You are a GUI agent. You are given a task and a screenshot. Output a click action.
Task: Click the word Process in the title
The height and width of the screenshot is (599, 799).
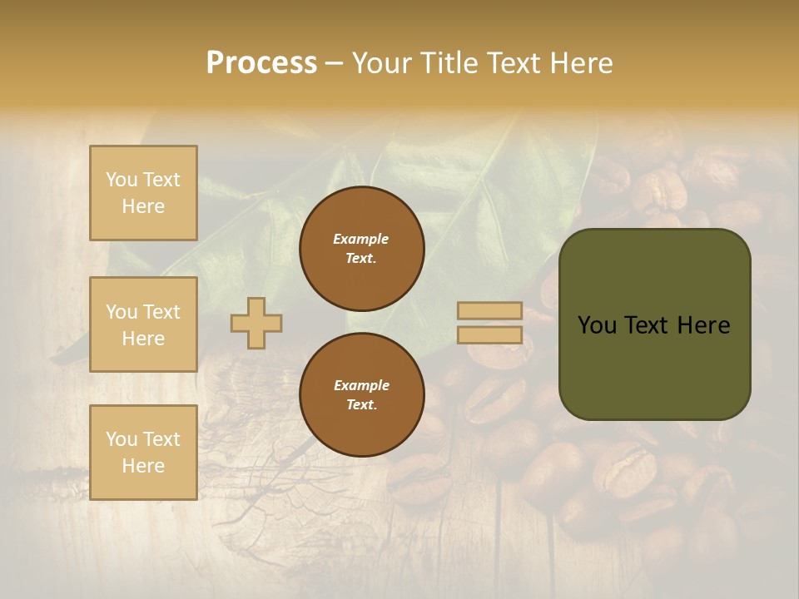click(261, 63)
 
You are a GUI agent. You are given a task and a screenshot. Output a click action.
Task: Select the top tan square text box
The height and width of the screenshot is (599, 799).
click(143, 193)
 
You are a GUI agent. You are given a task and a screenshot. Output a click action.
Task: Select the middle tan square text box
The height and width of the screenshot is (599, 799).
click(143, 324)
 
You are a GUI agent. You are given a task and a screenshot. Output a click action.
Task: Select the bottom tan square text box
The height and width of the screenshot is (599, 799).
click(143, 453)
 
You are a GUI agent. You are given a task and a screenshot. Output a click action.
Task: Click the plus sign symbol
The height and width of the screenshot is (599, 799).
click(256, 323)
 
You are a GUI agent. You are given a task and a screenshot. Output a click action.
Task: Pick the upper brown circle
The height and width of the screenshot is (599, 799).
click(361, 249)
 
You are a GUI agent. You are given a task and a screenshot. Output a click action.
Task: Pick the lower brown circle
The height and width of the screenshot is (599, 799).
click(361, 395)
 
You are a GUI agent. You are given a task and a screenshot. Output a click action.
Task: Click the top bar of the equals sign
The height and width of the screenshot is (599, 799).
click(490, 311)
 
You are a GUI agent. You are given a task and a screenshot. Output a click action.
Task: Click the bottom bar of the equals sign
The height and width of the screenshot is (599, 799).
click(490, 335)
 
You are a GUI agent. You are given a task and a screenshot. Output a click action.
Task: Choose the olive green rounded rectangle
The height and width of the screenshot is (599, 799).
click(654, 366)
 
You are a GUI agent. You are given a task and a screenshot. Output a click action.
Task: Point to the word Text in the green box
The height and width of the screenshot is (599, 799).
click(655, 325)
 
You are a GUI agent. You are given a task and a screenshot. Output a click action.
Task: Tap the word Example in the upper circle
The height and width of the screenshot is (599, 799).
click(361, 239)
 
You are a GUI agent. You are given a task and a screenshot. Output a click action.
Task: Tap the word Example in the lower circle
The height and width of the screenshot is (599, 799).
click(361, 385)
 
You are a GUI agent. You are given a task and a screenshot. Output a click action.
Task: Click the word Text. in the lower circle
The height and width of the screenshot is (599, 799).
click(361, 405)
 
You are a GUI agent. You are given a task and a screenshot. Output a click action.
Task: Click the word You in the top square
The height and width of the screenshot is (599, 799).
click(121, 180)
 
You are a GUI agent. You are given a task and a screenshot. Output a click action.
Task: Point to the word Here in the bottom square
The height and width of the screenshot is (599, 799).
click(143, 466)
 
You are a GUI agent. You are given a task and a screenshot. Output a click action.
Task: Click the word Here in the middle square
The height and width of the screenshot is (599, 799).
click(143, 339)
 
